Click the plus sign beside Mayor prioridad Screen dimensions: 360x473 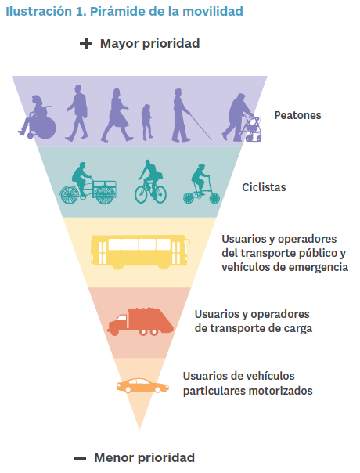click(86, 43)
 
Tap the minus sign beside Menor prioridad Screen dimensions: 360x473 click(80, 458)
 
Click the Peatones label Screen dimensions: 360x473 click(297, 115)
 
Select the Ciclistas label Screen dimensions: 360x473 click(264, 187)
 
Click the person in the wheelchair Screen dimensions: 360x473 click(38, 117)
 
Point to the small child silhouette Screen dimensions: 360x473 click(147, 122)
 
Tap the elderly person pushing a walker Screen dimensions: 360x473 click(241, 117)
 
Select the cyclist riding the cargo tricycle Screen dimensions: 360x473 click(88, 183)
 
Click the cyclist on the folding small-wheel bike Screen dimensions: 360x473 click(201, 184)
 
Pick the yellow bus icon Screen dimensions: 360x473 click(140, 252)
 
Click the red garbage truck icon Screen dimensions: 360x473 click(141, 322)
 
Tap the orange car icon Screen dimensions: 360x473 click(142, 385)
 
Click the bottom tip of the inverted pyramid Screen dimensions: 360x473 click(139, 429)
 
